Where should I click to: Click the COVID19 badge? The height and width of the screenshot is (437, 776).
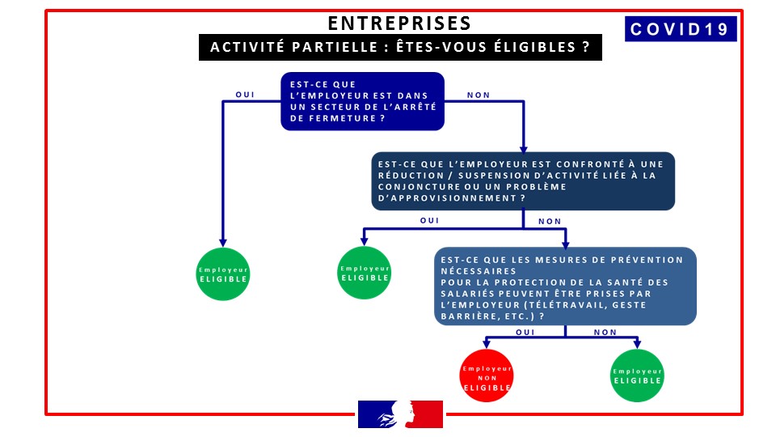point(681,29)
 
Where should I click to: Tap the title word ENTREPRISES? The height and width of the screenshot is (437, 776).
point(399,23)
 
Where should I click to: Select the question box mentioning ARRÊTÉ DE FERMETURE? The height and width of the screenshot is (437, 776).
point(363,101)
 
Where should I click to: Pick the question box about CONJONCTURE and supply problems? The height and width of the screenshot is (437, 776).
point(523,181)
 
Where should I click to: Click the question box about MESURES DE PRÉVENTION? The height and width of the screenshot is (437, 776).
point(564,286)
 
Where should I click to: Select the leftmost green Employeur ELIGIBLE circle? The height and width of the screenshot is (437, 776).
point(223,274)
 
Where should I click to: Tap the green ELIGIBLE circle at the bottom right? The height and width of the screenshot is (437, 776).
point(638,375)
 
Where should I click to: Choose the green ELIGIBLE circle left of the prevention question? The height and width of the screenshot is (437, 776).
point(365,273)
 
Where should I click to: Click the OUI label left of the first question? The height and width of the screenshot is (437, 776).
point(244,95)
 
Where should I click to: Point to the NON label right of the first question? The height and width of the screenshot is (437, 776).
point(479,95)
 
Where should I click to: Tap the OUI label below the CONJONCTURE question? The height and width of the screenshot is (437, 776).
point(429,220)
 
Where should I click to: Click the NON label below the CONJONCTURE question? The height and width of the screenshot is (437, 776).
point(550,221)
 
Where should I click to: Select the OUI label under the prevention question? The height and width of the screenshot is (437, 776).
point(525,332)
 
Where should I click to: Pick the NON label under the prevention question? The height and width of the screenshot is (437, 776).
point(605,332)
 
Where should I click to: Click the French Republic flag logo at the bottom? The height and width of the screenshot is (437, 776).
point(401,414)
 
